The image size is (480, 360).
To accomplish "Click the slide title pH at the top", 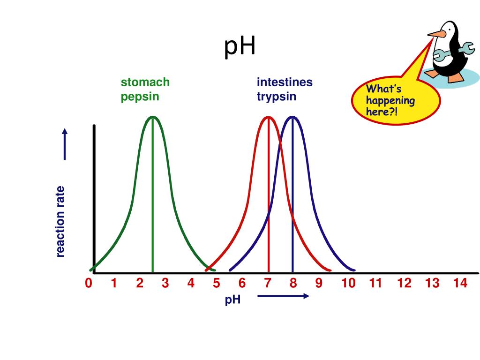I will [x=240, y=47].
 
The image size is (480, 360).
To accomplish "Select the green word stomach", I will [x=145, y=82].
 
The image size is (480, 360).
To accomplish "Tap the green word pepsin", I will [x=140, y=97].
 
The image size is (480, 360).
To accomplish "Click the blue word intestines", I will [x=285, y=82].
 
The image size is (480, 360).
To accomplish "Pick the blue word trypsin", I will [x=276, y=97].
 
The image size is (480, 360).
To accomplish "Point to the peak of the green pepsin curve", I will [x=152, y=117].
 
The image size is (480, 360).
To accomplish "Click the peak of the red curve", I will [x=268, y=117].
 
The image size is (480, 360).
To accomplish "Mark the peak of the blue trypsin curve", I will [x=292, y=117].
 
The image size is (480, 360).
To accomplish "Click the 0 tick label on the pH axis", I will [x=89, y=284].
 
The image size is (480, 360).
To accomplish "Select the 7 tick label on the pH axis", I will [x=268, y=284].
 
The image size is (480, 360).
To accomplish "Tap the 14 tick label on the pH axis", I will [x=460, y=284].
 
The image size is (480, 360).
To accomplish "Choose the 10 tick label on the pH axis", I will [x=348, y=284].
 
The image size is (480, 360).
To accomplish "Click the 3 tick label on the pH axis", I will [x=165, y=284].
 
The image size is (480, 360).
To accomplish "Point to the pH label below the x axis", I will [x=232, y=300].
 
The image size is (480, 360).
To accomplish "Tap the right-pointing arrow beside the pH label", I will [x=283, y=296].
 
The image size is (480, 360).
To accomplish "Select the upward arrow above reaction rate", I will [x=65, y=143].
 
